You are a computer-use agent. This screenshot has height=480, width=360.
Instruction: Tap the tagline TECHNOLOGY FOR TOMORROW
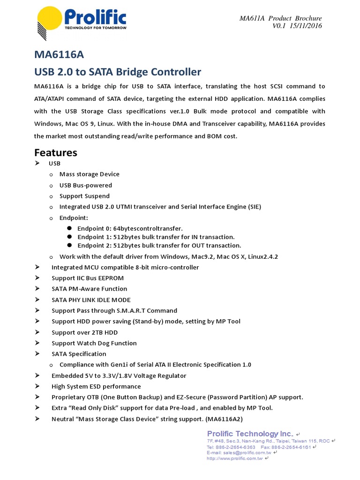click(95, 28)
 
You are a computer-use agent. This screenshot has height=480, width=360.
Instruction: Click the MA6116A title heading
click(59, 55)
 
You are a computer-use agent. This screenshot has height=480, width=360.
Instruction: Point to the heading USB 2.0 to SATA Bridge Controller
click(118, 72)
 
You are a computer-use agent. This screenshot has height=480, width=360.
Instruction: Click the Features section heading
click(56, 152)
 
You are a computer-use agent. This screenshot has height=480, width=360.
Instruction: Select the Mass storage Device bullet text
click(89, 174)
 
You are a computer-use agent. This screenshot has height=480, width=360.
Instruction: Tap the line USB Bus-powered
click(85, 185)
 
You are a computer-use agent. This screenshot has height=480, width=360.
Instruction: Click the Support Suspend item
click(84, 196)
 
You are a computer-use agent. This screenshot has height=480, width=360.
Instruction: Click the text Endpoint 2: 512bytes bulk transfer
click(159, 245)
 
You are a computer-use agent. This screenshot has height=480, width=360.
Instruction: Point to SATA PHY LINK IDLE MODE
click(91, 300)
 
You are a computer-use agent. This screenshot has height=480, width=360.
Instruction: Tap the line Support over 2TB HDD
click(84, 332)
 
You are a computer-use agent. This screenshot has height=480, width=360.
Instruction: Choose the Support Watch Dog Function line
click(94, 343)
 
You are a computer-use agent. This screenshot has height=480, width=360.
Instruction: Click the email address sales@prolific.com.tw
click(247, 453)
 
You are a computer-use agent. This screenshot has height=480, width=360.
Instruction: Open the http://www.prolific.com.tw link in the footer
click(235, 458)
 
